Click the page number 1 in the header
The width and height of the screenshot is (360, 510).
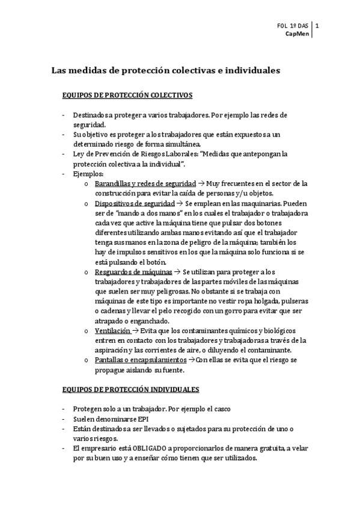point(317,26)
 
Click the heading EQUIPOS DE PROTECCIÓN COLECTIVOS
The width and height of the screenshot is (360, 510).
point(127,95)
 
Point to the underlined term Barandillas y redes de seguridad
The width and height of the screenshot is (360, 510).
point(145,183)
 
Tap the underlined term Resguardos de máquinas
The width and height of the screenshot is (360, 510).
point(129,272)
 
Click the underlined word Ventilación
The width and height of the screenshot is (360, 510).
point(112,331)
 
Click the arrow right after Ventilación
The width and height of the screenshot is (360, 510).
point(135,331)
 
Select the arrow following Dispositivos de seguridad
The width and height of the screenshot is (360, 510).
point(171,203)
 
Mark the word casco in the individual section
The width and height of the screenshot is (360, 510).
point(221,409)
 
